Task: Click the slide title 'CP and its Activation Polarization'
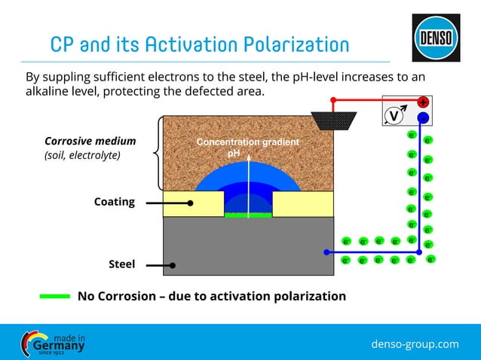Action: [x=199, y=44]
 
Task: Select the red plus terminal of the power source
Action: [x=423, y=102]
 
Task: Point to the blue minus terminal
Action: [x=423, y=117]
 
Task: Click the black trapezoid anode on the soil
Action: [x=333, y=120]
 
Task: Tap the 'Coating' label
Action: [x=114, y=202]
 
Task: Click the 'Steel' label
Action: [x=121, y=264]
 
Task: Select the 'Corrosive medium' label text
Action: [x=90, y=141]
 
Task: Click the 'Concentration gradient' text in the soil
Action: [x=247, y=142]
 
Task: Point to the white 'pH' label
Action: [x=234, y=153]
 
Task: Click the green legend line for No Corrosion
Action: [x=54, y=296]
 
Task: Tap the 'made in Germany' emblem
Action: [x=53, y=343]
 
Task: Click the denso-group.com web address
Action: [x=415, y=343]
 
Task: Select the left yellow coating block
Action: [x=193, y=203]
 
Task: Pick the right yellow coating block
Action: [x=302, y=203]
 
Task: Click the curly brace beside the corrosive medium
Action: [x=155, y=153]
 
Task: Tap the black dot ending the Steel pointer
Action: [x=173, y=265]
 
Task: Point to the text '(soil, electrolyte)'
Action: [x=82, y=155]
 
